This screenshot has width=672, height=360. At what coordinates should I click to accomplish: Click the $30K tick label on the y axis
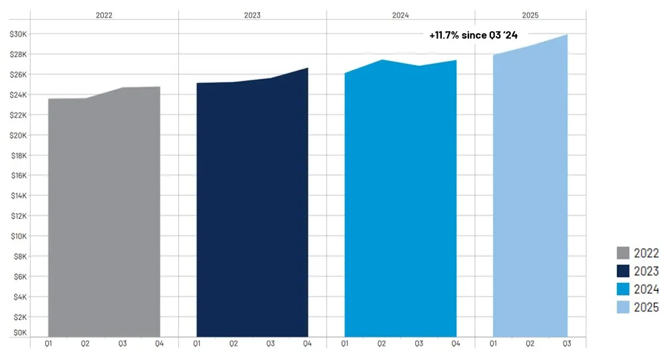click(x=17, y=34)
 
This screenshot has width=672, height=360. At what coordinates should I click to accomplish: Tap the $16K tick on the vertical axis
click(x=17, y=176)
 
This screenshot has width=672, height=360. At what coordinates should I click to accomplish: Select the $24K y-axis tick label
click(x=17, y=95)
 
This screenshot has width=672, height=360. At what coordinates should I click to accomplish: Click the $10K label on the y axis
click(x=17, y=236)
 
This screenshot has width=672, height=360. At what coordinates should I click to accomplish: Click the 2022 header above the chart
click(x=104, y=14)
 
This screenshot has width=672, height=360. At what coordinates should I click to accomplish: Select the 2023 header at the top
click(x=252, y=14)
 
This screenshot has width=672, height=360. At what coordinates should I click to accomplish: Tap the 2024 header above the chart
click(x=401, y=14)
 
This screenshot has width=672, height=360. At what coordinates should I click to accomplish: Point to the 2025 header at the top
click(x=530, y=14)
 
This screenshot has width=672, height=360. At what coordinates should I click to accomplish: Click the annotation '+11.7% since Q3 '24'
click(x=473, y=35)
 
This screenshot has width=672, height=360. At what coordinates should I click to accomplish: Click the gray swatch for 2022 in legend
click(x=623, y=253)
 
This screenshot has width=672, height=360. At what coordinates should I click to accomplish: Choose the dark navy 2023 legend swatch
click(x=623, y=271)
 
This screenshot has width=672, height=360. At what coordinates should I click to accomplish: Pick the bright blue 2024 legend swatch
click(x=623, y=289)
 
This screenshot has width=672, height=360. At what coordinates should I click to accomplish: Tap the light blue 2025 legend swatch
click(x=623, y=307)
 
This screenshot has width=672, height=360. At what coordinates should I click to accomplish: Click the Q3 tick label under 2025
click(x=568, y=344)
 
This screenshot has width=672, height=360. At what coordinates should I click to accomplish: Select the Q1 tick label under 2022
click(x=49, y=344)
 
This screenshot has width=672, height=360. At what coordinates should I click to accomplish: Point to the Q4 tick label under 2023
click(x=308, y=344)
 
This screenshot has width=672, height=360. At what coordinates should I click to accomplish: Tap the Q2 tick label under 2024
click(x=382, y=344)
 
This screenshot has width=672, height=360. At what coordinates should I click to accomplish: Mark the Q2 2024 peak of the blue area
click(x=382, y=60)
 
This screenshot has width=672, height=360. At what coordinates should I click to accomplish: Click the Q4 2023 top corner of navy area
click(x=307, y=68)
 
